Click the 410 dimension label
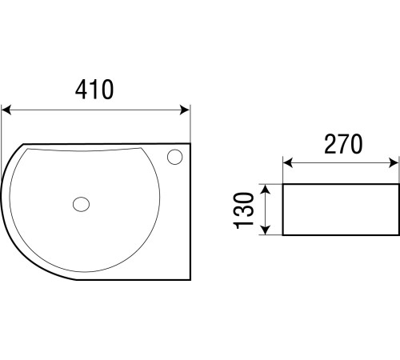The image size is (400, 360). point(94,90)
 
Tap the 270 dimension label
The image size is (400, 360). point(343,144)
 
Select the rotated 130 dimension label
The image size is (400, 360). point(243,210)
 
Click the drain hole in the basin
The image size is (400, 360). point(81,204)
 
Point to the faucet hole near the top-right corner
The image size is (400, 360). point(175,157)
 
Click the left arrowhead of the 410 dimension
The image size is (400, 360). point(6,110)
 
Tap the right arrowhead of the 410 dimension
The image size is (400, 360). point(185,110)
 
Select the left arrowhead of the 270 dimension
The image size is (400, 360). point(288,162)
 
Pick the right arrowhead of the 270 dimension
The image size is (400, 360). point(394,162)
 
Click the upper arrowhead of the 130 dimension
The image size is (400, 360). point(265,190)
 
